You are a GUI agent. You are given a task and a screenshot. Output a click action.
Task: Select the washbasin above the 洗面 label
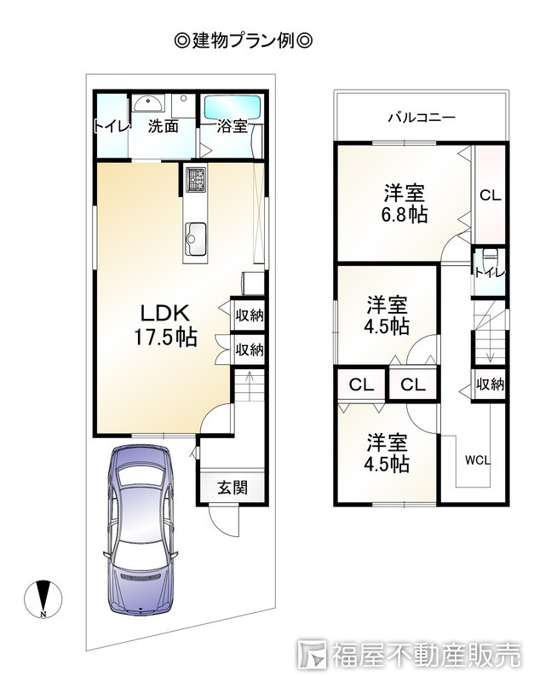[151, 103]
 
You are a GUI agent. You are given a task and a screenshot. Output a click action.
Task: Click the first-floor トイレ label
[112, 127]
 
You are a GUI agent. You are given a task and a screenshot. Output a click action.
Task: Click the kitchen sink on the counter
[195, 232]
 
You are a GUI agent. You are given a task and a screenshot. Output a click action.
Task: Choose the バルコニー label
[422, 118]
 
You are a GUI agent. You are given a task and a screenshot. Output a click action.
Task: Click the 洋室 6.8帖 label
[405, 203]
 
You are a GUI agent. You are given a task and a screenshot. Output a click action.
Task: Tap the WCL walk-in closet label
[477, 460]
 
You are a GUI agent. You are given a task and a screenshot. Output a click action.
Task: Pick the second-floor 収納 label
[490, 384]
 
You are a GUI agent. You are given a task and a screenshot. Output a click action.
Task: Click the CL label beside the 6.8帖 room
[490, 195]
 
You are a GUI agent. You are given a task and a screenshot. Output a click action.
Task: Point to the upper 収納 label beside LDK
[249, 315]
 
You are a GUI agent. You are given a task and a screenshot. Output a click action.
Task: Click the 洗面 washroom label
[164, 127]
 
